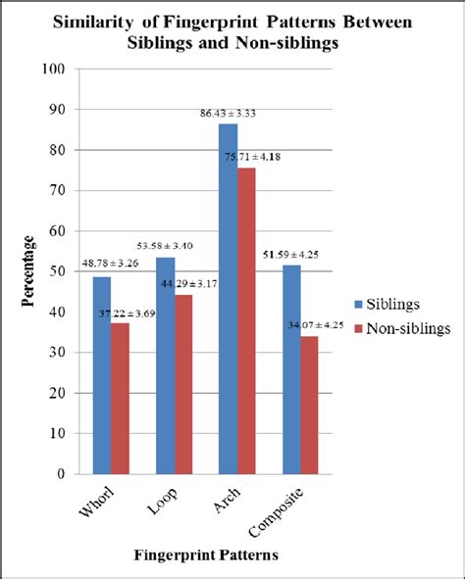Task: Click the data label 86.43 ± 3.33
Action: (x=228, y=115)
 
